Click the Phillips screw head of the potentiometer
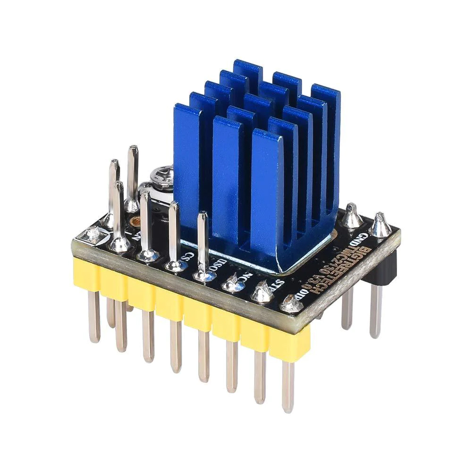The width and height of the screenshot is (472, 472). pyautogui.click(x=160, y=177)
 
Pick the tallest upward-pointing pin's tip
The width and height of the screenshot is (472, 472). pyautogui.click(x=133, y=150)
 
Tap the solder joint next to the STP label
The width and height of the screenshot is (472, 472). pyautogui.click(x=262, y=293)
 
